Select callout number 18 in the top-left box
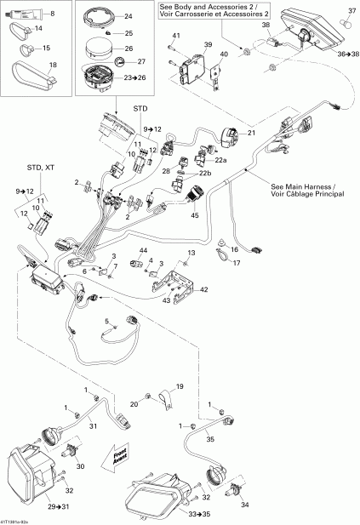click(x=53, y=65)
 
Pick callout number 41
click(x=176, y=35)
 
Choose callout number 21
click(x=251, y=134)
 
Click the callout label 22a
click(x=221, y=161)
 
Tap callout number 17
click(x=237, y=263)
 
